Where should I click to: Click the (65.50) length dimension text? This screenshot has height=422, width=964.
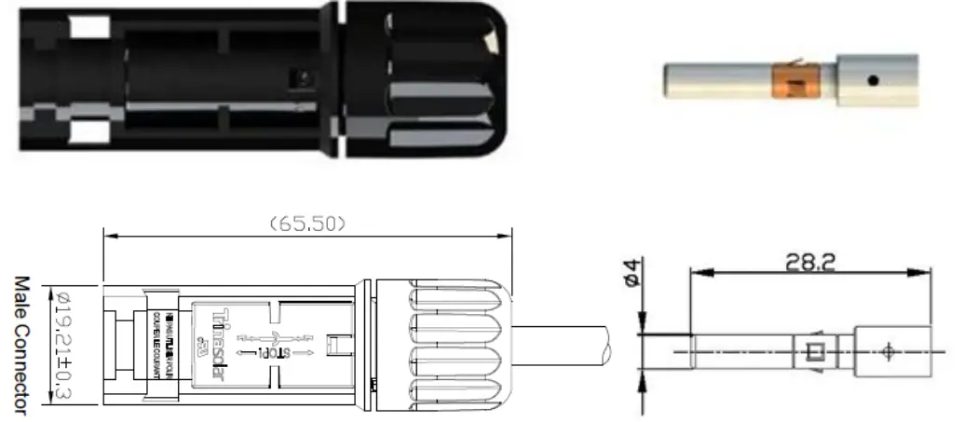pyautogui.click(x=307, y=223)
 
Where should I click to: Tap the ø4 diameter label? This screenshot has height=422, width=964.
pyautogui.click(x=632, y=277)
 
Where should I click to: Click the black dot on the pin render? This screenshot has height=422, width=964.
pyautogui.click(x=873, y=81)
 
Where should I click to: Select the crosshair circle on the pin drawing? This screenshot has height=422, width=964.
pyautogui.click(x=887, y=351)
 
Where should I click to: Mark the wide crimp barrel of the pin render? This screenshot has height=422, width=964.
pyautogui.click(x=876, y=81)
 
